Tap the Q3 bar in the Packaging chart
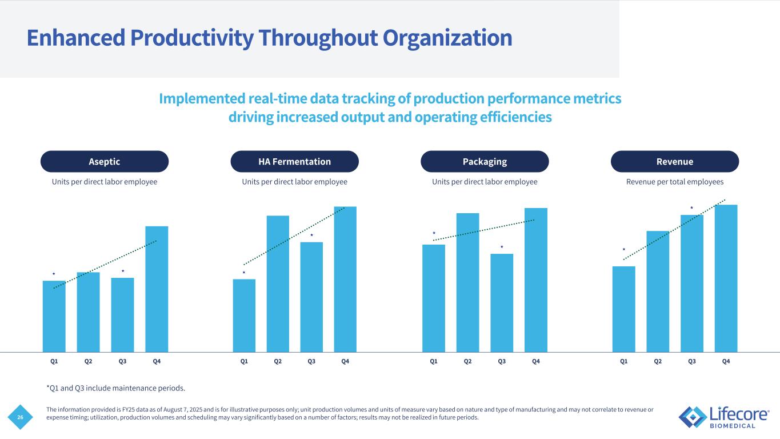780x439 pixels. coord(502,303)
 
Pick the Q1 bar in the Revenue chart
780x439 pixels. coord(623,309)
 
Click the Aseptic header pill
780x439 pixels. coord(105,162)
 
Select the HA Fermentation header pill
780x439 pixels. coord(294,162)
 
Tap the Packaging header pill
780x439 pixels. coord(485,162)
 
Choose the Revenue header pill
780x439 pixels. coord(675,162)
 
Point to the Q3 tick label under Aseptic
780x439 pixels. coord(122,361)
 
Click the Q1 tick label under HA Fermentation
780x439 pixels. coord(244,361)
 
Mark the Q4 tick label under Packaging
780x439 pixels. coord(536,361)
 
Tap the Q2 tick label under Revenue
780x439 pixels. coord(658,361)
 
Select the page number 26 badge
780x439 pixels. coord(21,418)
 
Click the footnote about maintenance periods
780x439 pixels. coord(115,389)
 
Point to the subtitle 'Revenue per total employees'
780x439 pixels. coord(675,182)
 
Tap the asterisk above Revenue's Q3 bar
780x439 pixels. coord(691,208)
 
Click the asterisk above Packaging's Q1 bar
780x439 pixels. coord(434,234)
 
